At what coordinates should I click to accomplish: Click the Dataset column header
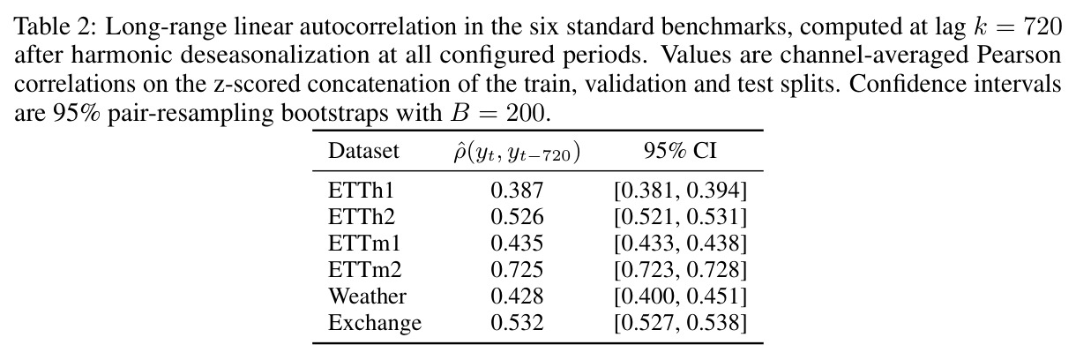pos(363,151)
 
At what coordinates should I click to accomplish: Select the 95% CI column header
pos(680,151)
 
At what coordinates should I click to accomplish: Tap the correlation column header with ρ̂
pos(517,153)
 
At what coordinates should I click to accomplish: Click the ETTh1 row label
pos(361,191)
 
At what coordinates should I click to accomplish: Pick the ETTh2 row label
pos(362,217)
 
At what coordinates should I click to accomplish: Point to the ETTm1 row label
pos(364,244)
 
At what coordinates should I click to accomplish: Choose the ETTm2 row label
pos(364,270)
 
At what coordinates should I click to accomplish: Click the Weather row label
pos(367,296)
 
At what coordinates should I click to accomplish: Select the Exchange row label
pos(375,323)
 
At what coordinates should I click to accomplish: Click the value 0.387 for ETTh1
pos(517,191)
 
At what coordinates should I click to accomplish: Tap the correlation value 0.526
pos(517,217)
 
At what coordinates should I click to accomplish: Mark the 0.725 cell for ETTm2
pos(517,270)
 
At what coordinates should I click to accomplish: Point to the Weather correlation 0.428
pos(517,296)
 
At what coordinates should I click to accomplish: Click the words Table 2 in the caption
pos(51,26)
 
